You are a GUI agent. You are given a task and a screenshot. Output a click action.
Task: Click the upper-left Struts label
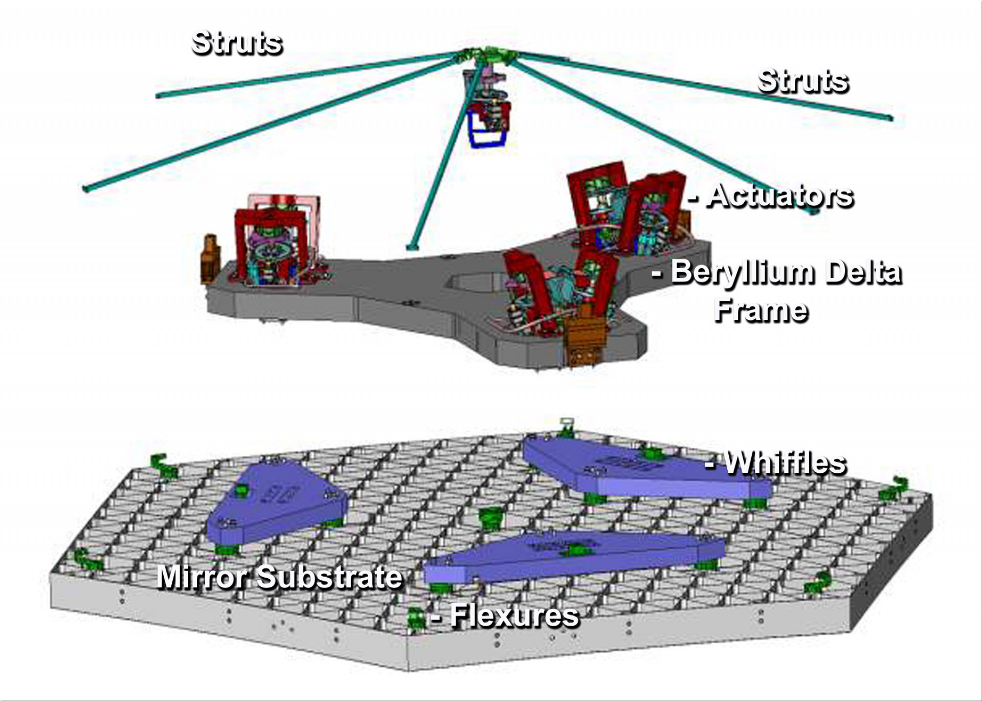[x=237, y=43]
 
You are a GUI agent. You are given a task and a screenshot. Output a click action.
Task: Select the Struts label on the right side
[x=803, y=81]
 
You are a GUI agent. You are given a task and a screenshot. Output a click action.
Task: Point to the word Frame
[x=761, y=311]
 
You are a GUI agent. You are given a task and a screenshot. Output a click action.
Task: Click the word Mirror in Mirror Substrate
[x=203, y=577]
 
